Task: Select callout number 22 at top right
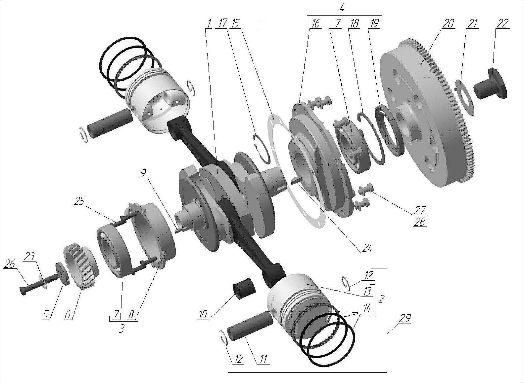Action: (502, 23)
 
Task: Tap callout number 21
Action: (473, 23)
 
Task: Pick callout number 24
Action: (367, 248)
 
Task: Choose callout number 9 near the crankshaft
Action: (142, 174)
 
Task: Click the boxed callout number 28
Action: (420, 222)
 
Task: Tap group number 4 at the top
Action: (342, 8)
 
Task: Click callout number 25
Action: (80, 202)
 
